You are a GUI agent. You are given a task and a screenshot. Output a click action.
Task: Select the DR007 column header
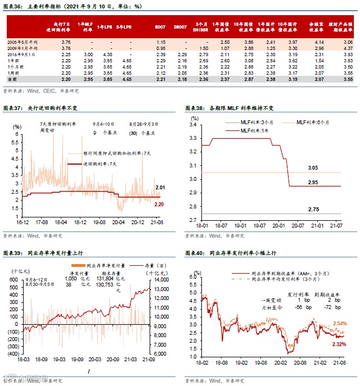point(180,26)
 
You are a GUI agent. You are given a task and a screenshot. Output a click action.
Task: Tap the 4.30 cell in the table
point(103,54)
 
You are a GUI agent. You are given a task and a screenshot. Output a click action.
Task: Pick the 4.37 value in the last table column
point(348,48)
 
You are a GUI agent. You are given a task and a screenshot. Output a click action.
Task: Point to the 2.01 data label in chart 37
point(160,187)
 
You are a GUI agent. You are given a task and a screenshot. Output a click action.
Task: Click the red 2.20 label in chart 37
point(159,205)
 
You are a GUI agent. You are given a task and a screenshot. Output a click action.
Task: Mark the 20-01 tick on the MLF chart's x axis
point(278,225)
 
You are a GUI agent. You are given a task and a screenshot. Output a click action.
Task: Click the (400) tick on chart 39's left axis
point(11,355)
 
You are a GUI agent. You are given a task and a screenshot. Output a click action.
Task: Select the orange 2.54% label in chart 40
point(339,323)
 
